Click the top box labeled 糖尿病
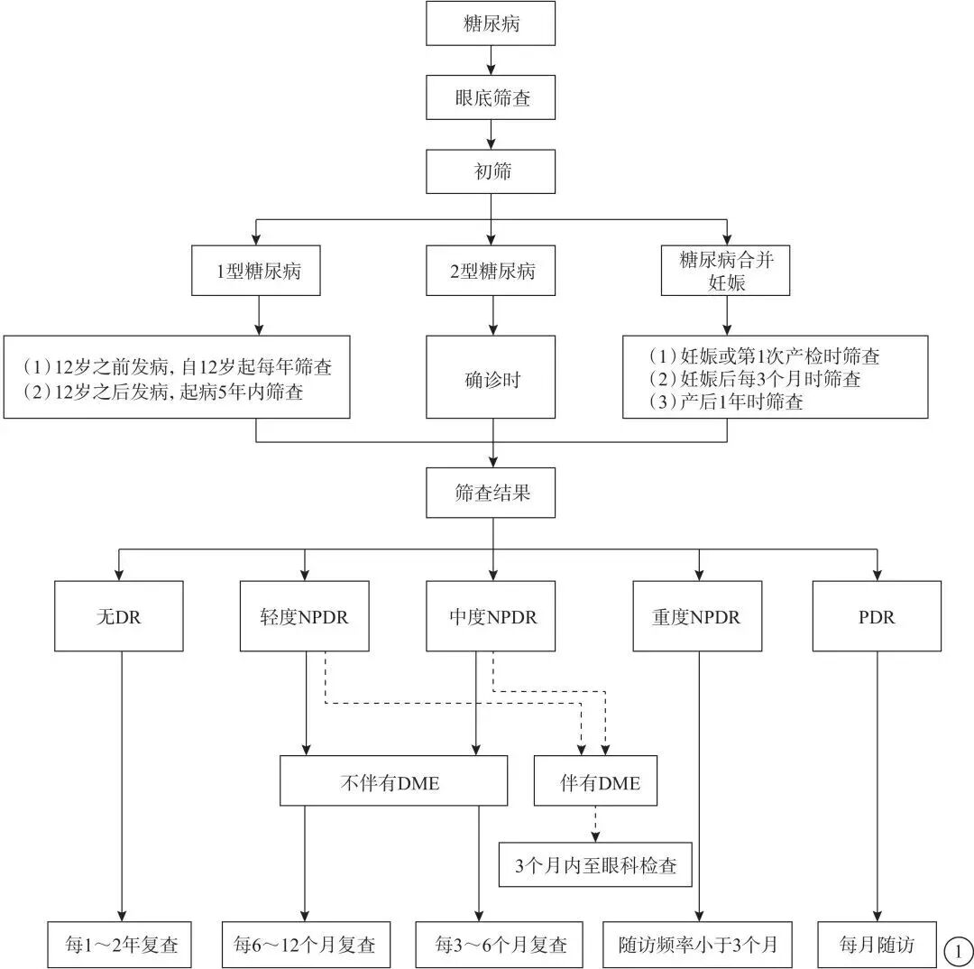[491, 24]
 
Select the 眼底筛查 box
[492, 97]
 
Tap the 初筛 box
[492, 171]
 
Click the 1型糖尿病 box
[257, 271]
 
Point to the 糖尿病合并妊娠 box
[726, 271]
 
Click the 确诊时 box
[492, 378]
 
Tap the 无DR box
[119, 616]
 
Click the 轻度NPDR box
[305, 616]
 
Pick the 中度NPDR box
[492, 616]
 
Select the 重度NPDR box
[697, 616]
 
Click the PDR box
[877, 616]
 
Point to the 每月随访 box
[877, 945]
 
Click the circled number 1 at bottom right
[957, 949]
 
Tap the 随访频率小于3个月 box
[697, 945]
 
